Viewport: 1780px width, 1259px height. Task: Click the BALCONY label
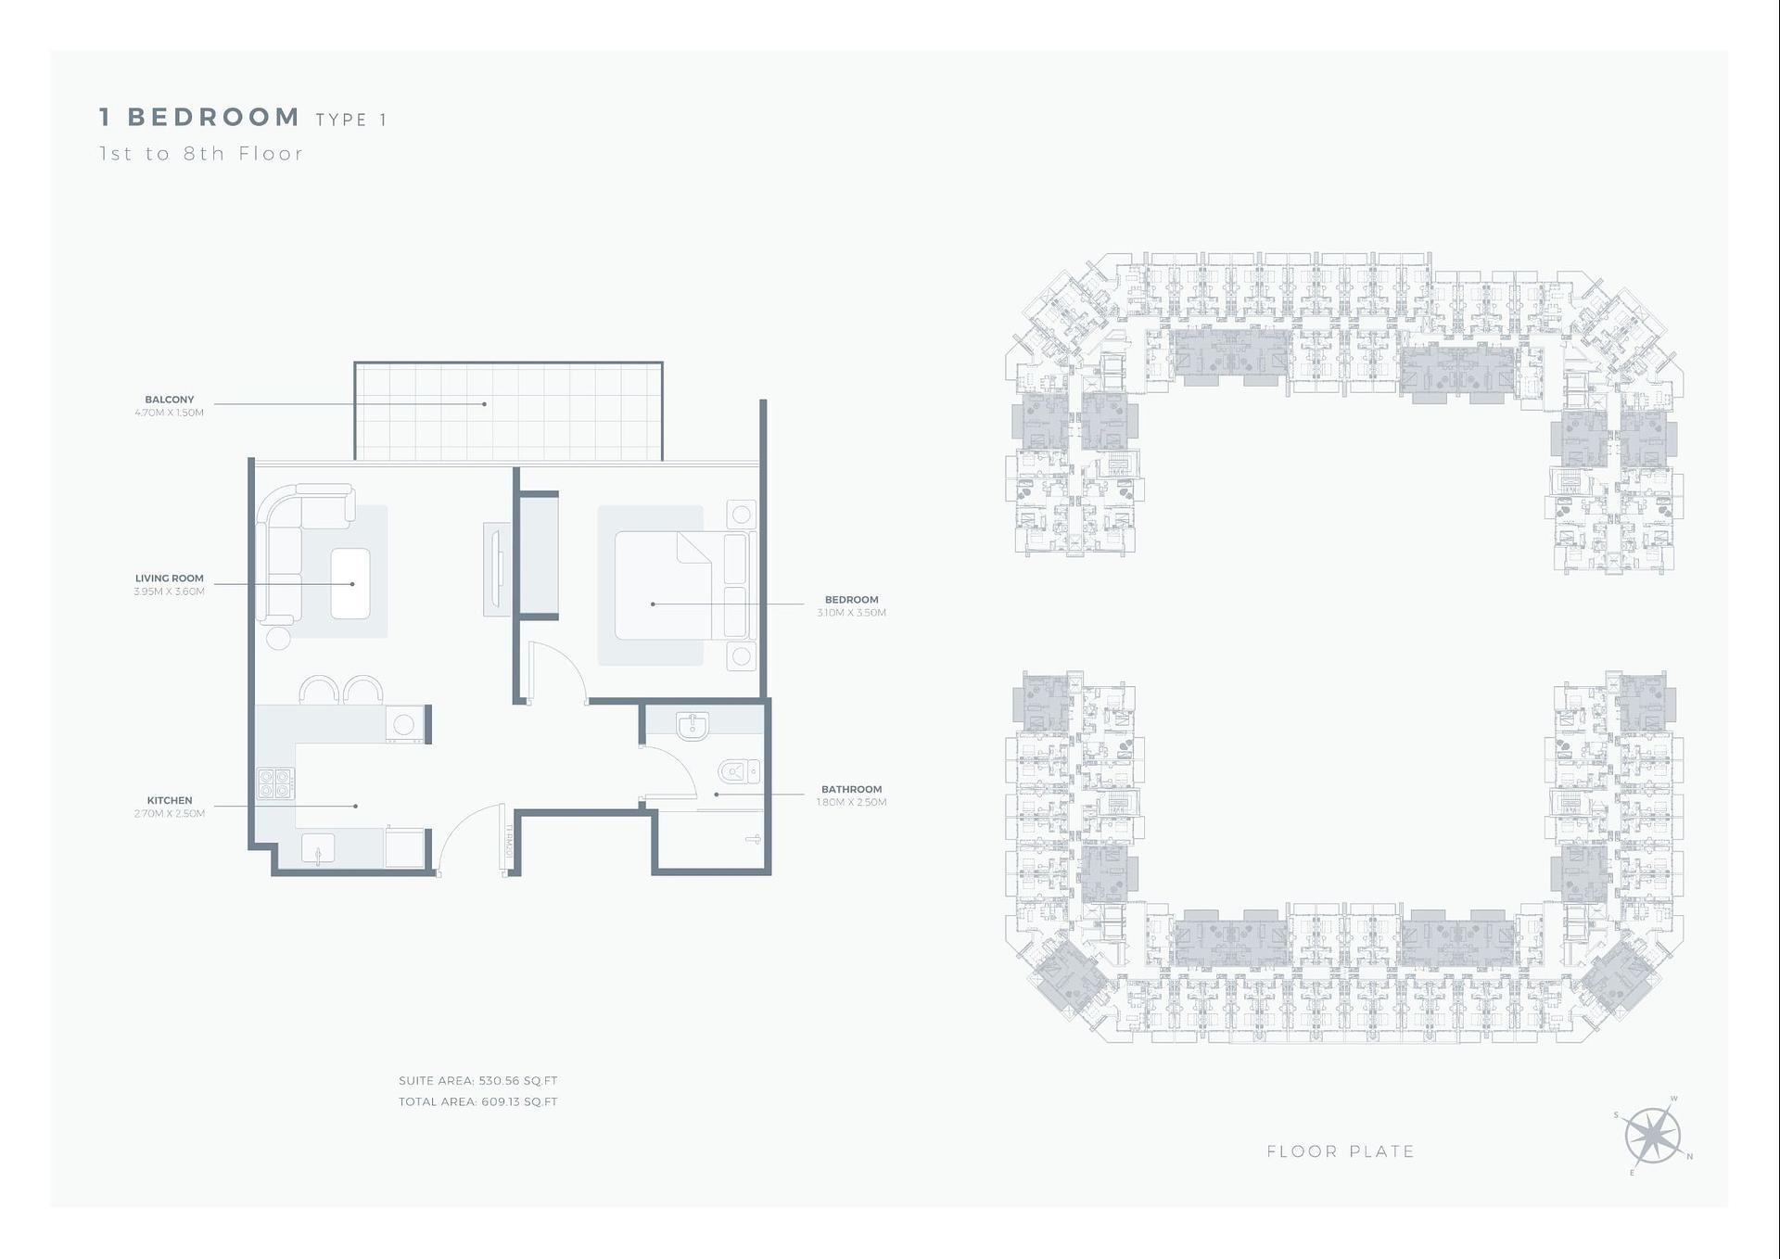(169, 400)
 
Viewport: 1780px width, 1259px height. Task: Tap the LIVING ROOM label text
(169, 579)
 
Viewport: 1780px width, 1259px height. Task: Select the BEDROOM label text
(851, 600)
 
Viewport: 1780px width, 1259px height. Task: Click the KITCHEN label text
(170, 800)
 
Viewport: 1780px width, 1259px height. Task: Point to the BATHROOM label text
(851, 790)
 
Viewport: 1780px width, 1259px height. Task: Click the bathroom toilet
(738, 771)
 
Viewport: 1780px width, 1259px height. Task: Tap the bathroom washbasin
(692, 726)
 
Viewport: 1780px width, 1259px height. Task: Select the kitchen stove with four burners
(275, 783)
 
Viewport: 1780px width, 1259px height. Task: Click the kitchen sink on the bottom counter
(318, 849)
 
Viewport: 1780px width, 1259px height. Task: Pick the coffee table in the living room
(350, 583)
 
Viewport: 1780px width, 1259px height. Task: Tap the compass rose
(1653, 1136)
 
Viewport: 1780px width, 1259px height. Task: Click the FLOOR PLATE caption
(1341, 1151)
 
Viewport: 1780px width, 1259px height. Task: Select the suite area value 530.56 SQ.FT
(518, 1081)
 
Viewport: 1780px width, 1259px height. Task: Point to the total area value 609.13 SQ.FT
(519, 1102)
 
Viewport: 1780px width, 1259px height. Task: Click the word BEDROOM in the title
(213, 118)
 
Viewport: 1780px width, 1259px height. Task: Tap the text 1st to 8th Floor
(201, 154)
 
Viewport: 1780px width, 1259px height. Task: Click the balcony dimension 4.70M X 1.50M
(169, 413)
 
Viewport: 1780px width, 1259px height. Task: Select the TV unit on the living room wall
(496, 569)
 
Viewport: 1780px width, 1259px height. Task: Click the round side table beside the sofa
(278, 638)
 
